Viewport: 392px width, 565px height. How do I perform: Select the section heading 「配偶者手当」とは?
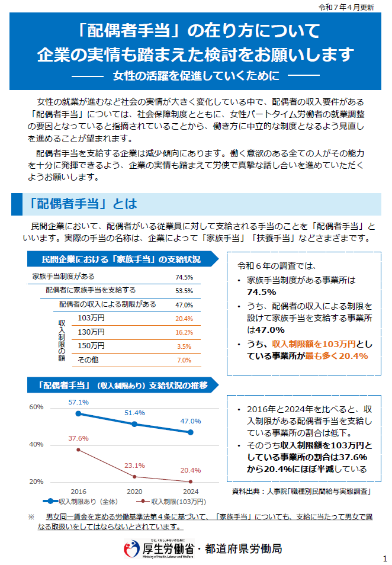click(x=83, y=204)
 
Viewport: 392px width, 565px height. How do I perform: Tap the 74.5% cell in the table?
click(x=184, y=277)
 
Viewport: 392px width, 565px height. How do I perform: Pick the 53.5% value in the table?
click(x=184, y=291)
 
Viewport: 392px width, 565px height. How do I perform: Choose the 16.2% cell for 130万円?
click(x=184, y=332)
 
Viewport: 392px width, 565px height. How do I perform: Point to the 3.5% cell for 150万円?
click(x=184, y=346)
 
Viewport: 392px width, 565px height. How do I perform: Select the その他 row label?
click(x=88, y=360)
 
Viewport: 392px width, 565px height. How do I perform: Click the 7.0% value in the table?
click(x=184, y=360)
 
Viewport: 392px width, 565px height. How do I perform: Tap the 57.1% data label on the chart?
click(x=78, y=403)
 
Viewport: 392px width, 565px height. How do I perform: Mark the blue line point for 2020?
click(x=134, y=424)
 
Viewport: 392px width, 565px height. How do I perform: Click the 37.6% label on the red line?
click(x=78, y=438)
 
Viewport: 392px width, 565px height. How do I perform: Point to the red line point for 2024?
click(x=191, y=481)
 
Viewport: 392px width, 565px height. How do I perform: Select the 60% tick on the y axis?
click(x=36, y=407)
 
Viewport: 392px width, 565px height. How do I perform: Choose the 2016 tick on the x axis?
click(x=78, y=492)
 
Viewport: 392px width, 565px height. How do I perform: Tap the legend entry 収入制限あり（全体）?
click(x=89, y=501)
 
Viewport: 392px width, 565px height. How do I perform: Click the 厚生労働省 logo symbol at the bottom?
click(x=131, y=548)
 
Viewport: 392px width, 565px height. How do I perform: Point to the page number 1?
click(x=384, y=558)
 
